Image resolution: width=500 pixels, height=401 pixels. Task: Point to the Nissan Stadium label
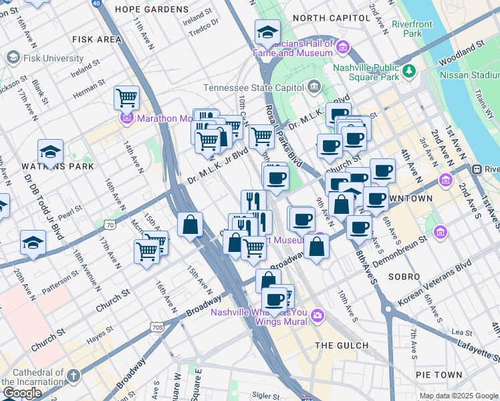[469, 75]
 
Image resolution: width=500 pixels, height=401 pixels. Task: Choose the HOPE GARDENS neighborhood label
[152, 9]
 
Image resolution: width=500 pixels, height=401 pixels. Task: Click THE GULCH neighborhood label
[341, 345]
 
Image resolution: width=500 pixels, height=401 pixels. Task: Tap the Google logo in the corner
[22, 392]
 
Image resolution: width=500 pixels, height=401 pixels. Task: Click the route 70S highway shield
[156, 327]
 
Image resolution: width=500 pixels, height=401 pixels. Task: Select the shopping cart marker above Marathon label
[126, 98]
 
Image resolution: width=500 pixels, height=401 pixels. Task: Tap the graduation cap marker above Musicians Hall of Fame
[267, 31]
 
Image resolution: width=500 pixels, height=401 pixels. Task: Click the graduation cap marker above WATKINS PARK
[50, 152]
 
